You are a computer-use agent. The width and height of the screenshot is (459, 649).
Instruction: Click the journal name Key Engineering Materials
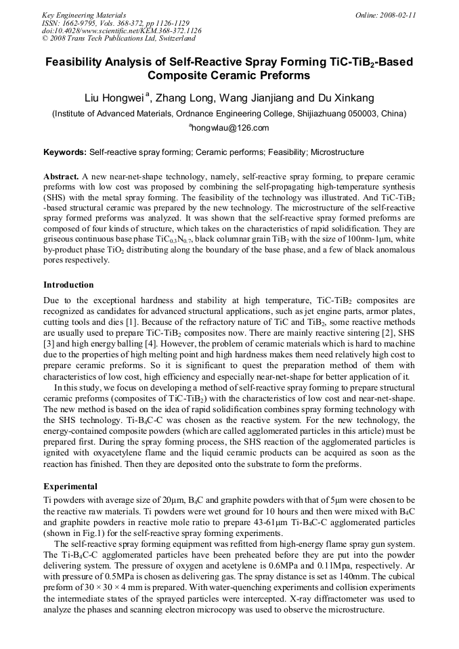coord(83,14)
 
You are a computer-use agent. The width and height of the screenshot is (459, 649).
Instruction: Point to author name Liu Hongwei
coord(113,97)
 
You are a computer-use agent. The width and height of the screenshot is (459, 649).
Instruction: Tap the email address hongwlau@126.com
coord(230,128)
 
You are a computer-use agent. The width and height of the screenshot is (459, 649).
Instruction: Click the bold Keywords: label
coord(64,152)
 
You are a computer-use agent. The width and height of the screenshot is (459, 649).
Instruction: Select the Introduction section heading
coord(68,284)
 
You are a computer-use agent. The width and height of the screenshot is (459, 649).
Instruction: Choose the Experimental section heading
coord(70,486)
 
